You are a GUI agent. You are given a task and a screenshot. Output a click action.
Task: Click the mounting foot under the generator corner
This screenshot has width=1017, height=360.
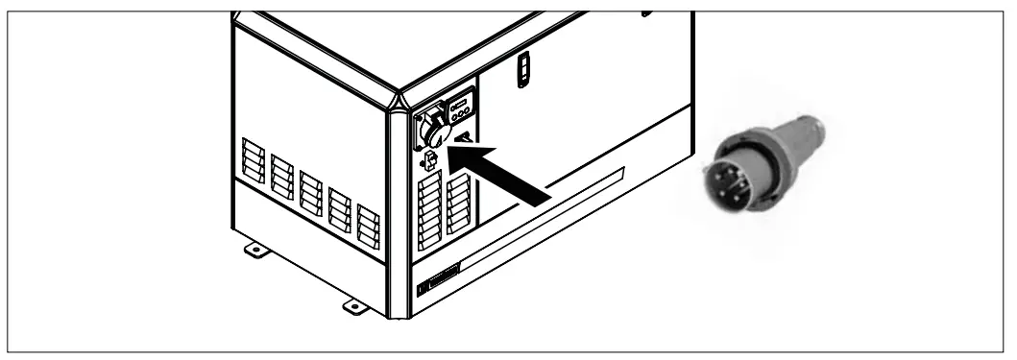[352, 306]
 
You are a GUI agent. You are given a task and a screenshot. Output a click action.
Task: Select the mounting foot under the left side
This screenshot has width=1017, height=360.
[254, 252]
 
